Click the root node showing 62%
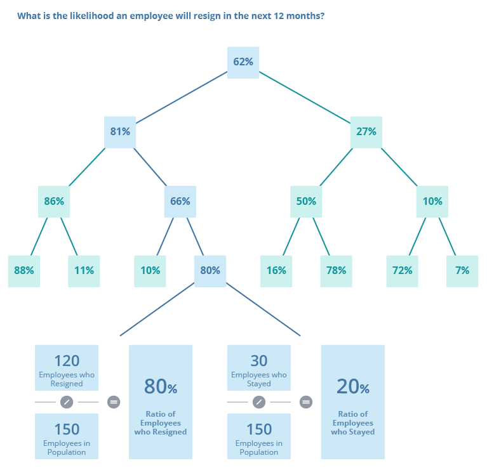tap(243, 62)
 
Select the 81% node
tap(120, 132)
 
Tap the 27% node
tap(366, 132)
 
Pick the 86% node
tap(54, 202)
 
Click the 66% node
tap(180, 202)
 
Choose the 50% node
tap(306, 202)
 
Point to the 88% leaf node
tap(24, 271)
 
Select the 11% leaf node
tap(84, 271)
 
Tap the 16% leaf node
tap(276, 271)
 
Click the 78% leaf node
tap(336, 271)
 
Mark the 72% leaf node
tap(402, 271)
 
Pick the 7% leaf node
tap(462, 271)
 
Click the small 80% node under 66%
tap(210, 271)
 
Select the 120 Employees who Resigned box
tap(67, 368)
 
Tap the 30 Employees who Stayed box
tap(259, 368)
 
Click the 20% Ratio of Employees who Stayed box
tap(352, 401)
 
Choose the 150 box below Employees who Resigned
tap(67, 436)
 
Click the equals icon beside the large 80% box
tap(114, 401)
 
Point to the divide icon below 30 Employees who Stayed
tap(258, 401)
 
